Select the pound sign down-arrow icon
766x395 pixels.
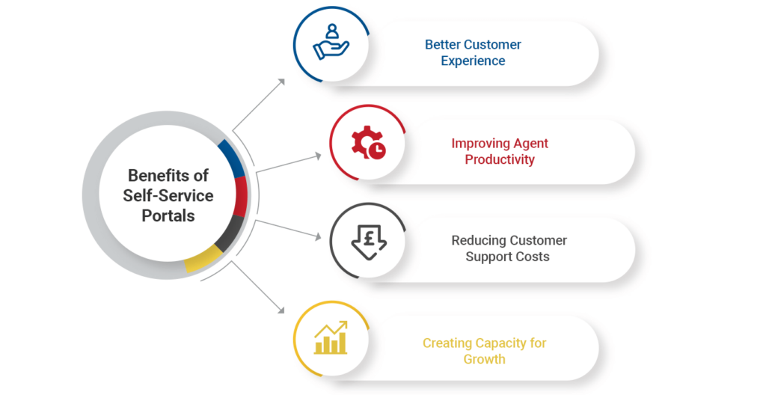(x=368, y=240)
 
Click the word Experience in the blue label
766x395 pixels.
(x=473, y=61)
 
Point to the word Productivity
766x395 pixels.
(x=500, y=159)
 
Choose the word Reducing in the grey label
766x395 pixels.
(x=478, y=240)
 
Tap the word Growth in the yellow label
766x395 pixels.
(x=484, y=359)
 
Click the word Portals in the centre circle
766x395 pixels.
(x=168, y=215)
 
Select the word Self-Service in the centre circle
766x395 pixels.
(x=168, y=195)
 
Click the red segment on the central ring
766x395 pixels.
(x=241, y=196)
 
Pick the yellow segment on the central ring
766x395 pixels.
(x=203, y=260)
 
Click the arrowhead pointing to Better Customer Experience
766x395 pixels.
(x=281, y=81)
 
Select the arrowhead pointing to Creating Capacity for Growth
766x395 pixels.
(x=281, y=309)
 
